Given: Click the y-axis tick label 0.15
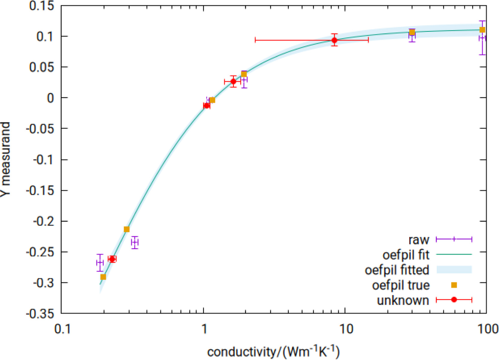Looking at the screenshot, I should tap(42, 6).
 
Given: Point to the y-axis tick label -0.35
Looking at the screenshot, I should tap(40, 314).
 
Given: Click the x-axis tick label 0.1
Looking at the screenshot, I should tap(62, 329).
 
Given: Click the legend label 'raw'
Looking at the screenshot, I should tap(419, 240).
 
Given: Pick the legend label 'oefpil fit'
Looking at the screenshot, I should tap(406, 255).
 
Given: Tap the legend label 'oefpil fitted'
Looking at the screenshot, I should tap(397, 270).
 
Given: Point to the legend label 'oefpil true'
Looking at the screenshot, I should tap(401, 285).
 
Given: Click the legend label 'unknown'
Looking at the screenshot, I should tap(403, 300).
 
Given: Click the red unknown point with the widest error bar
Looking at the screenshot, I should tap(334, 40).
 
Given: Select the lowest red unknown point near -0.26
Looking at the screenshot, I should tap(112, 259).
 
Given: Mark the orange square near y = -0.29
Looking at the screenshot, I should tap(103, 277).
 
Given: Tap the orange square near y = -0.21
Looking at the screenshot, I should tap(127, 230).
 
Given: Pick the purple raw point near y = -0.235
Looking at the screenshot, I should tap(135, 242).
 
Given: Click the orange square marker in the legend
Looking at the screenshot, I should tap(454, 285).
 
